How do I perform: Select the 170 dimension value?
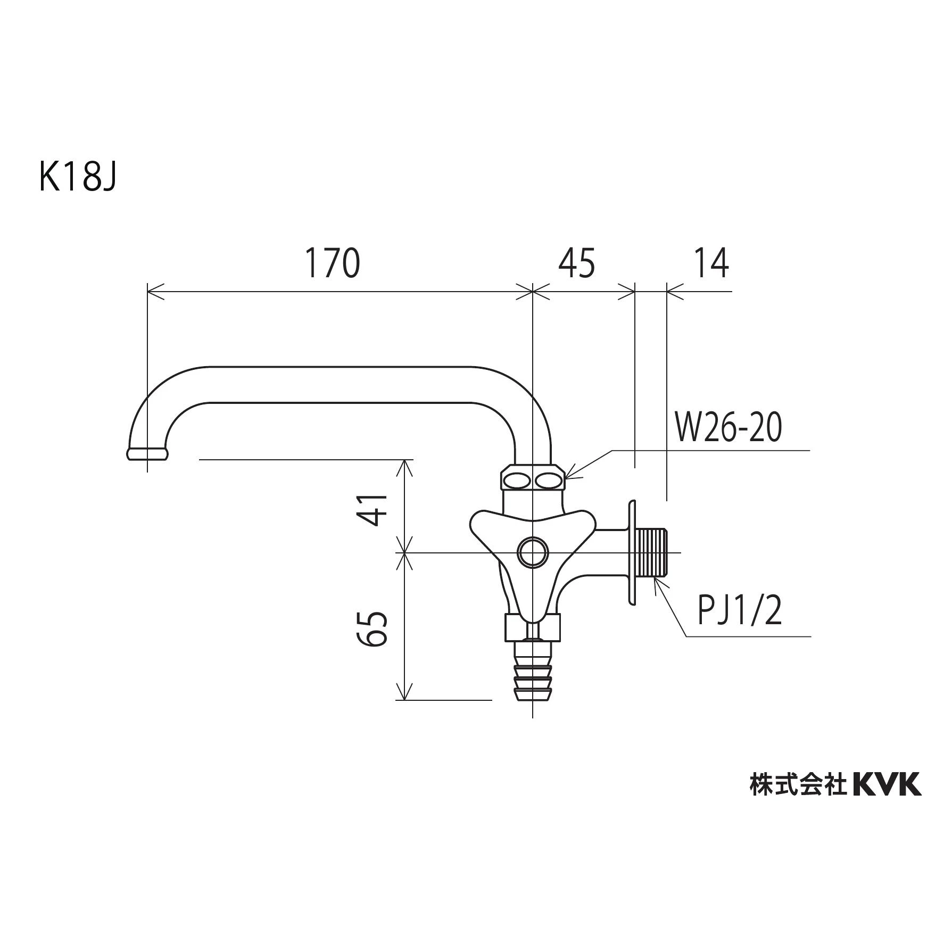[x=332, y=263]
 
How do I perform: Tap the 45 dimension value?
[x=577, y=263]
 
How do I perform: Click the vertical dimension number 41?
[x=375, y=509]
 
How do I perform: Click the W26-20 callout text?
[x=729, y=428]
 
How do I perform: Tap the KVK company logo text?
[x=887, y=785]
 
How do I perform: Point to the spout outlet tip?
[x=147, y=453]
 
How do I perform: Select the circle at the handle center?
[x=532, y=553]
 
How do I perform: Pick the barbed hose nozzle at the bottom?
[x=532, y=676]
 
